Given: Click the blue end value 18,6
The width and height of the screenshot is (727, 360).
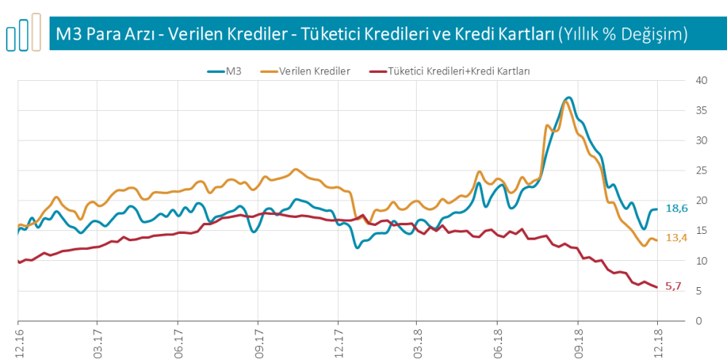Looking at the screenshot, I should click(677, 208).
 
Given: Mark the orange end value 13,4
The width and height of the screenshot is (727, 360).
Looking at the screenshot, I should click(677, 238).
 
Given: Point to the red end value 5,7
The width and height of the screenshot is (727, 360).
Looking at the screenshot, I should click(674, 286).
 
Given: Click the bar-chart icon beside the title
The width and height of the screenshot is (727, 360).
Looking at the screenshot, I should click(23, 34).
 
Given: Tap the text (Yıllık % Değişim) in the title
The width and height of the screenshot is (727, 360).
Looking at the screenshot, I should click(623, 34).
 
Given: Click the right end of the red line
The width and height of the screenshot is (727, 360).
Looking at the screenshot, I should click(656, 287).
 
